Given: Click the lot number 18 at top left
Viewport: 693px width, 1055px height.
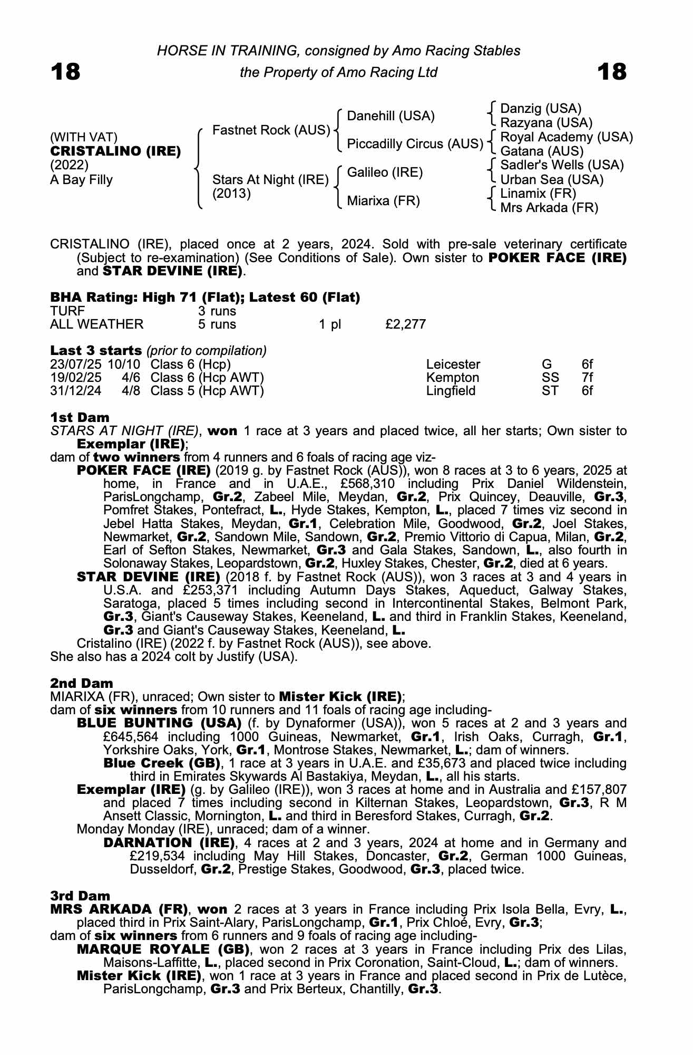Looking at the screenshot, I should point(65,72).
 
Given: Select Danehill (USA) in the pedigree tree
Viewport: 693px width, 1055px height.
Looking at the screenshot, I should point(391,116).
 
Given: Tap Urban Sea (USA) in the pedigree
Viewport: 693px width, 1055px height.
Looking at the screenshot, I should point(551,180).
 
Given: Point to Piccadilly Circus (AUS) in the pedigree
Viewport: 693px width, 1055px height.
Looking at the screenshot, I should point(415,144).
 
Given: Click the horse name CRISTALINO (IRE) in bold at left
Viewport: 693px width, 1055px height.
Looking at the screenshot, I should point(115,151).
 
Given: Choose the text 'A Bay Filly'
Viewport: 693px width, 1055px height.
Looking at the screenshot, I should point(81,180).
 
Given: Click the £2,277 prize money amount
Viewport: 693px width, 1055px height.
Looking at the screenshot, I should point(405,324).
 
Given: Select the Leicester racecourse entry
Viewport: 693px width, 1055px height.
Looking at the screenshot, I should point(453,365).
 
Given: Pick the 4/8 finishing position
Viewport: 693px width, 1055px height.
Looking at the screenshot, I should point(131,391).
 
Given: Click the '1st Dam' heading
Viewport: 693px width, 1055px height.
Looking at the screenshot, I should point(80,418).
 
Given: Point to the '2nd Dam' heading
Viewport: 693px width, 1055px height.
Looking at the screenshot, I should point(81,684).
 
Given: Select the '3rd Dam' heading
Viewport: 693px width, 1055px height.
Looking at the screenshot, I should point(80,896).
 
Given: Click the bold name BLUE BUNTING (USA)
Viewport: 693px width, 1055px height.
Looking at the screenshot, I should point(159,723).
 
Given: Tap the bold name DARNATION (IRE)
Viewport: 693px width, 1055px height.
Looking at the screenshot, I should point(169,843).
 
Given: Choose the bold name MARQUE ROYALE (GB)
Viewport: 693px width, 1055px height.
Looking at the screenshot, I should point(163,949).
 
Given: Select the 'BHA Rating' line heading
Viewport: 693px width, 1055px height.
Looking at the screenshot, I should point(205,298).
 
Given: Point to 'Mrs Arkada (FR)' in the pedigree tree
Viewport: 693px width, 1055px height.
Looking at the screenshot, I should point(549,208).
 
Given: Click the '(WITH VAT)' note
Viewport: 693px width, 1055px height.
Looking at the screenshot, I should point(84,137).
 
